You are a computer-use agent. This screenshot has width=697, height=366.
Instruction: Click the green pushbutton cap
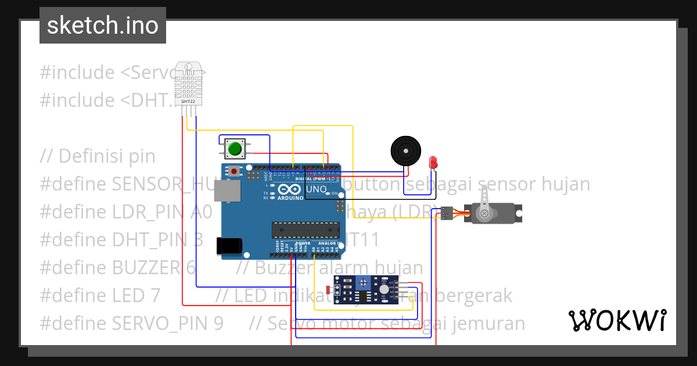pyautogui.click(x=235, y=149)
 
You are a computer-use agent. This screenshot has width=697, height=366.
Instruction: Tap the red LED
pyautogui.click(x=432, y=162)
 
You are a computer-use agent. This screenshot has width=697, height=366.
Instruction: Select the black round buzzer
pyautogui.click(x=405, y=150)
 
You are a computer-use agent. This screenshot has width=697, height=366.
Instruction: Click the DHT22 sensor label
pyautogui.click(x=188, y=101)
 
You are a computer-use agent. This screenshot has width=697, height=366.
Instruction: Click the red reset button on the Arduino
pyautogui.click(x=234, y=171)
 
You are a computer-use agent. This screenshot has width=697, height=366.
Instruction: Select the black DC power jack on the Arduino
pyautogui.click(x=228, y=246)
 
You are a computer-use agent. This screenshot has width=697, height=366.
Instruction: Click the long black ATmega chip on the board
pyautogui.click(x=305, y=230)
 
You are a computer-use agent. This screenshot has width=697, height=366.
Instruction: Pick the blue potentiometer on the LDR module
pyautogui.click(x=364, y=283)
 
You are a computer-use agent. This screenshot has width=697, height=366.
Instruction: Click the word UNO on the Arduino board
pyautogui.click(x=317, y=189)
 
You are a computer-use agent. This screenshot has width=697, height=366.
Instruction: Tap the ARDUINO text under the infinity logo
pyautogui.click(x=290, y=198)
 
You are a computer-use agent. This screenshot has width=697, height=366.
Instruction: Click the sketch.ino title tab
pyautogui.click(x=103, y=26)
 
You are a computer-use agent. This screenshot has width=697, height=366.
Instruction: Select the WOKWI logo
pyautogui.click(x=617, y=320)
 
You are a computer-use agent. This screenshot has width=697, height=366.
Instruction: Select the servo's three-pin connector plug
pyautogui.click(x=447, y=213)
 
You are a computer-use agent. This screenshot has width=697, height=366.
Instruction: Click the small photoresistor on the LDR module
pyautogui.click(x=329, y=289)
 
